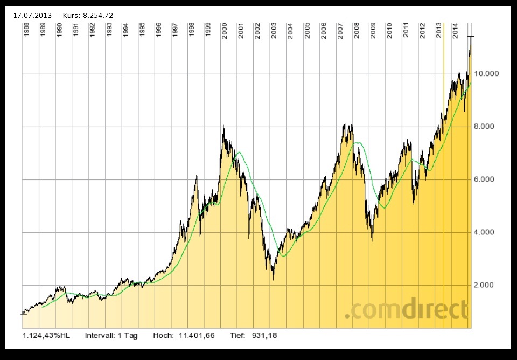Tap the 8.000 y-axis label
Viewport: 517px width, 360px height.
(x=487, y=127)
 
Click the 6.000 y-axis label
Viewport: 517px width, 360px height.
(x=487, y=179)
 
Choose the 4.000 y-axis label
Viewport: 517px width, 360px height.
(x=487, y=232)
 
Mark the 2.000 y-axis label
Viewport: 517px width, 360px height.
(x=487, y=285)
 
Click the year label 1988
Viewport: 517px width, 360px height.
(x=26, y=30)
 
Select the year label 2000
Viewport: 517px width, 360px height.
(x=224, y=30)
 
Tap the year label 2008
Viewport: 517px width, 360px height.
(x=357, y=30)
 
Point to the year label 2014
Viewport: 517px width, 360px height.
(x=456, y=30)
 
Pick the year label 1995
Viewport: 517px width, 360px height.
(x=142, y=30)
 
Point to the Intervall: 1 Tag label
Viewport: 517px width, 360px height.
(x=111, y=335)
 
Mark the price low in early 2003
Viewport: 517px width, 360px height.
(x=273, y=279)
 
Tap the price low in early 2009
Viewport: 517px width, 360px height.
(x=372, y=240)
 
